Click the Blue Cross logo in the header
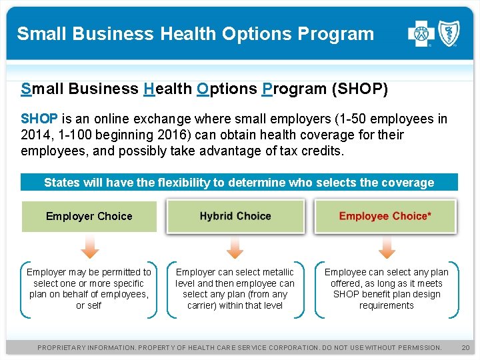[421, 33]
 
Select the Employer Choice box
[89, 216]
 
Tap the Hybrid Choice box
[235, 216]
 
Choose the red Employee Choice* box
[385, 216]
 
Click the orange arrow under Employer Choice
[89, 247]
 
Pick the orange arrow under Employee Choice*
[386, 247]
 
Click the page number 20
[466, 347]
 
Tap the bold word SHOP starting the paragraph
[39, 119]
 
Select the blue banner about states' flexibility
[239, 182]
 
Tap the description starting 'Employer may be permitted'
[89, 289]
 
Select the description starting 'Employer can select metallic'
[235, 289]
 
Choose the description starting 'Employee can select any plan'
[386, 289]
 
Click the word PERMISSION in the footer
[415, 347]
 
